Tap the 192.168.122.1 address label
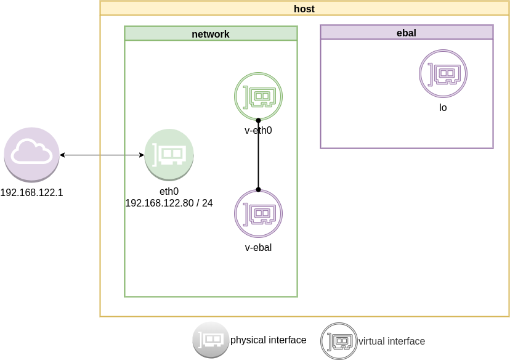coord(31,192)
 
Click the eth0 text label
coord(169,192)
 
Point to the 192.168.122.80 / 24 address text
coord(169,202)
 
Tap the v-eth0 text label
coord(258,131)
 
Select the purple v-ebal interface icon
coord(258,213)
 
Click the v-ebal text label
coord(258,248)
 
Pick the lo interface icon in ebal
coord(443,73)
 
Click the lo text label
coord(443,107)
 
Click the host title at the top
coord(304,8)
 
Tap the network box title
coord(211,34)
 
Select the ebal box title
coord(407,33)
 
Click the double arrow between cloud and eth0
coord(102,155)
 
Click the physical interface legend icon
coord(210,340)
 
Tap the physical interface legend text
coord(268,340)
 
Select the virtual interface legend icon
coord(338,340)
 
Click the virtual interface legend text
coord(391,341)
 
